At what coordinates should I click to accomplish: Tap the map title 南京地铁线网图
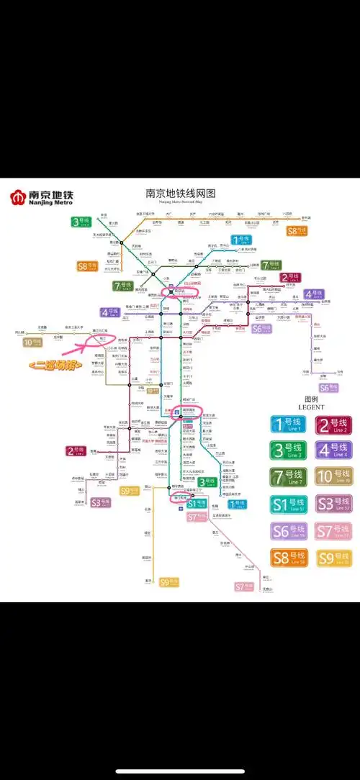coord(181,193)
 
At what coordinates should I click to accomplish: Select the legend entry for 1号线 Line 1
coord(289,425)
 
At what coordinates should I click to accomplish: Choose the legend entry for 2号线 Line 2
coord(334,425)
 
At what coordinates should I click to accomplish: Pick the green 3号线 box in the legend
coord(289,451)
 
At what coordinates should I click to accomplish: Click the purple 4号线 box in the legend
coord(334,451)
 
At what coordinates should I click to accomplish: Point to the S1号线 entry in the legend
coord(289,504)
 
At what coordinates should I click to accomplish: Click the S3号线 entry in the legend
coord(334,504)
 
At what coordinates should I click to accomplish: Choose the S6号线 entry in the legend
coord(289,531)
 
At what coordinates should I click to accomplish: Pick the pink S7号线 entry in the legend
coord(334,531)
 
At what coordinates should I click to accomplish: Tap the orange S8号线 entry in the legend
coord(289,558)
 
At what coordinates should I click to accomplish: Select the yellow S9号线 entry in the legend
coord(334,558)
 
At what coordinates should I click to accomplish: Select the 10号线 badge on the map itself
coord(33,342)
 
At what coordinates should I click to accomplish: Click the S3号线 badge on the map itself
coord(101,503)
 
